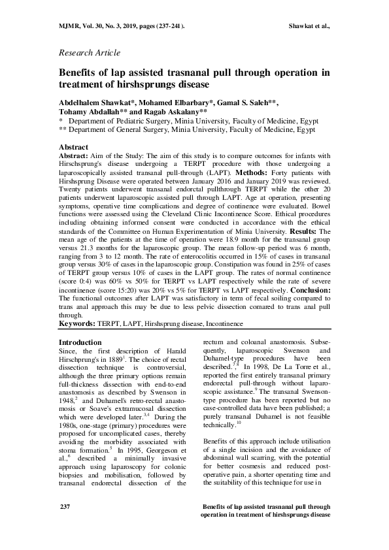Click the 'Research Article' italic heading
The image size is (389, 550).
[89, 52]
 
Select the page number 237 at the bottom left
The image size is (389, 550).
[65, 525]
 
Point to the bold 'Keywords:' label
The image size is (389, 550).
[77, 323]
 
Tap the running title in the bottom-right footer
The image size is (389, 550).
[265, 528]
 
